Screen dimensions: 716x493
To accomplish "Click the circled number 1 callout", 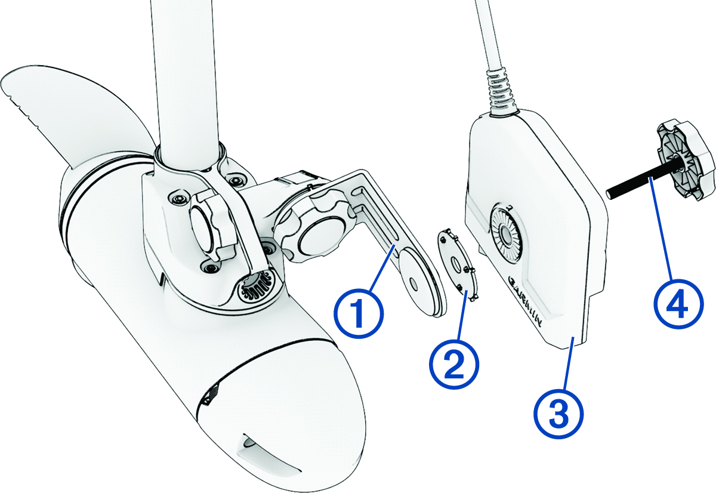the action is click(359, 313).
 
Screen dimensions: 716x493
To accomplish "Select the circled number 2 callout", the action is click(454, 364).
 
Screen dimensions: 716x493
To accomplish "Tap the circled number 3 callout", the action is click(558, 414).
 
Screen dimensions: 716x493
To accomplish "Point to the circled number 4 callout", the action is click(678, 303).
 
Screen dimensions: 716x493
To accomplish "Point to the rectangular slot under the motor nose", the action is click(271, 457).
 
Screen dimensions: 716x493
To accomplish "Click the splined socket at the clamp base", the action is click(258, 285).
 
